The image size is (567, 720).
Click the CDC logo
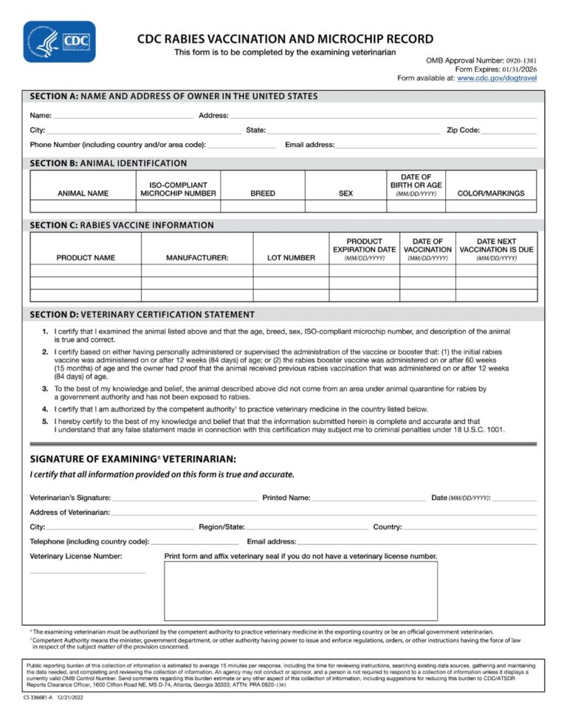(x=60, y=41)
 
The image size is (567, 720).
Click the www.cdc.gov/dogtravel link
(x=496, y=78)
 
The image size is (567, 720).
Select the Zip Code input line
(x=509, y=131)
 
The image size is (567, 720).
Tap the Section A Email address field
(x=436, y=146)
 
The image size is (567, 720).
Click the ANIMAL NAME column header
(x=83, y=193)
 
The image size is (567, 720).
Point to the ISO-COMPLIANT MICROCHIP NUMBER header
(x=178, y=189)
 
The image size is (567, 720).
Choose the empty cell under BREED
(x=262, y=206)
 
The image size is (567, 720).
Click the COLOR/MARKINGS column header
(x=491, y=193)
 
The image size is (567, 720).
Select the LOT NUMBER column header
(x=291, y=258)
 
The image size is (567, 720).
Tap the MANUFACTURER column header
(x=197, y=258)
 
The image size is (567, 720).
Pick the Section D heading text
(x=142, y=315)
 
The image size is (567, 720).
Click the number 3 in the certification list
(x=45, y=388)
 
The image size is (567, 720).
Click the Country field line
(x=469, y=529)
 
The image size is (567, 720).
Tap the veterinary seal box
(x=300, y=591)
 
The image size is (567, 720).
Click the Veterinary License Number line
(x=88, y=572)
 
